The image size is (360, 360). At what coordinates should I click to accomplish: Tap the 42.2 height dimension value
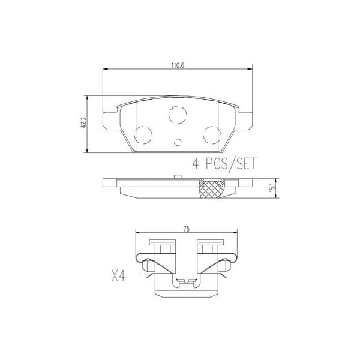pos(85,122)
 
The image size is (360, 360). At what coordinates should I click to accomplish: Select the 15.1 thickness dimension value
pos(273,188)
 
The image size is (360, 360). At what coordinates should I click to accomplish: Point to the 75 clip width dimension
pos(187,228)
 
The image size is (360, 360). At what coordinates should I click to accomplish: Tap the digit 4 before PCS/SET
pos(196,163)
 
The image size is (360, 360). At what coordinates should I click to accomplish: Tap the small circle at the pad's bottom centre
pos(178,142)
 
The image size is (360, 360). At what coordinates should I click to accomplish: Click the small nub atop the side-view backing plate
pos(178,176)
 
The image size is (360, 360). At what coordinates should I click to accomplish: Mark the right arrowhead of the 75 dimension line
pos(235,233)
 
